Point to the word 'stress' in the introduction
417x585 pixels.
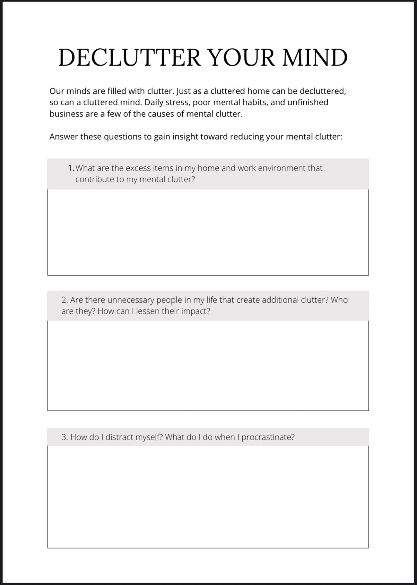click(x=177, y=103)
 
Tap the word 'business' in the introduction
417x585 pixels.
click(x=66, y=114)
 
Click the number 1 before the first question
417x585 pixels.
click(x=70, y=168)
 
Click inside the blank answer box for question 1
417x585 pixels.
click(x=208, y=232)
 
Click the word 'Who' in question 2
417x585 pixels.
click(x=339, y=300)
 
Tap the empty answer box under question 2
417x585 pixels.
click(x=208, y=365)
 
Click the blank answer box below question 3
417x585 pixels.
click(x=208, y=496)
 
